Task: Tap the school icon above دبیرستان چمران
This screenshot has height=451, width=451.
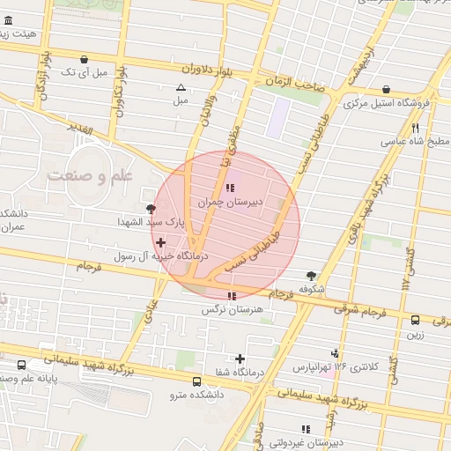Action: point(231,188)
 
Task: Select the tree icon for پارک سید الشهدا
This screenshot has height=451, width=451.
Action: point(152,209)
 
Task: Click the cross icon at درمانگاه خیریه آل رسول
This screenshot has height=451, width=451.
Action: point(160,242)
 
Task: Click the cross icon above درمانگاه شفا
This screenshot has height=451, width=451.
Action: point(240,359)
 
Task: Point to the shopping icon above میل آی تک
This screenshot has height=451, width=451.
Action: point(83,60)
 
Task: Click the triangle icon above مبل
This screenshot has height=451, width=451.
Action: point(181,87)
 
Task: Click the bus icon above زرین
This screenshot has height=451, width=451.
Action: point(414,320)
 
